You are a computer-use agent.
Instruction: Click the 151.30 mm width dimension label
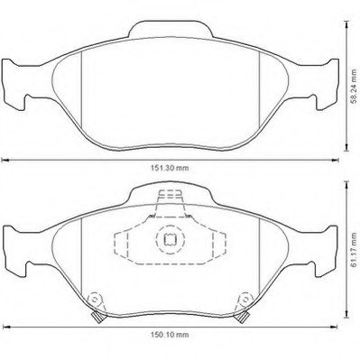(x=170, y=168)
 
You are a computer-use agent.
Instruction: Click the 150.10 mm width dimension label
(x=170, y=335)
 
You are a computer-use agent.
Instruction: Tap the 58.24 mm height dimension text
(x=355, y=87)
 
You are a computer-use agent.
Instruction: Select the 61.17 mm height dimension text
(x=355, y=248)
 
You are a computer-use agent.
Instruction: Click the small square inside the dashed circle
(x=170, y=239)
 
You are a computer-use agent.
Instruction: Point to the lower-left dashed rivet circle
(x=95, y=300)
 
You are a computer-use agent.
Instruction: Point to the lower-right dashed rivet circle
(x=245, y=300)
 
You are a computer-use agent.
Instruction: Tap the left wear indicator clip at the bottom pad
(x=97, y=317)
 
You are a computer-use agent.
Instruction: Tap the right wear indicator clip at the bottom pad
(x=244, y=317)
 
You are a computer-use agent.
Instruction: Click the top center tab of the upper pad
(x=171, y=29)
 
